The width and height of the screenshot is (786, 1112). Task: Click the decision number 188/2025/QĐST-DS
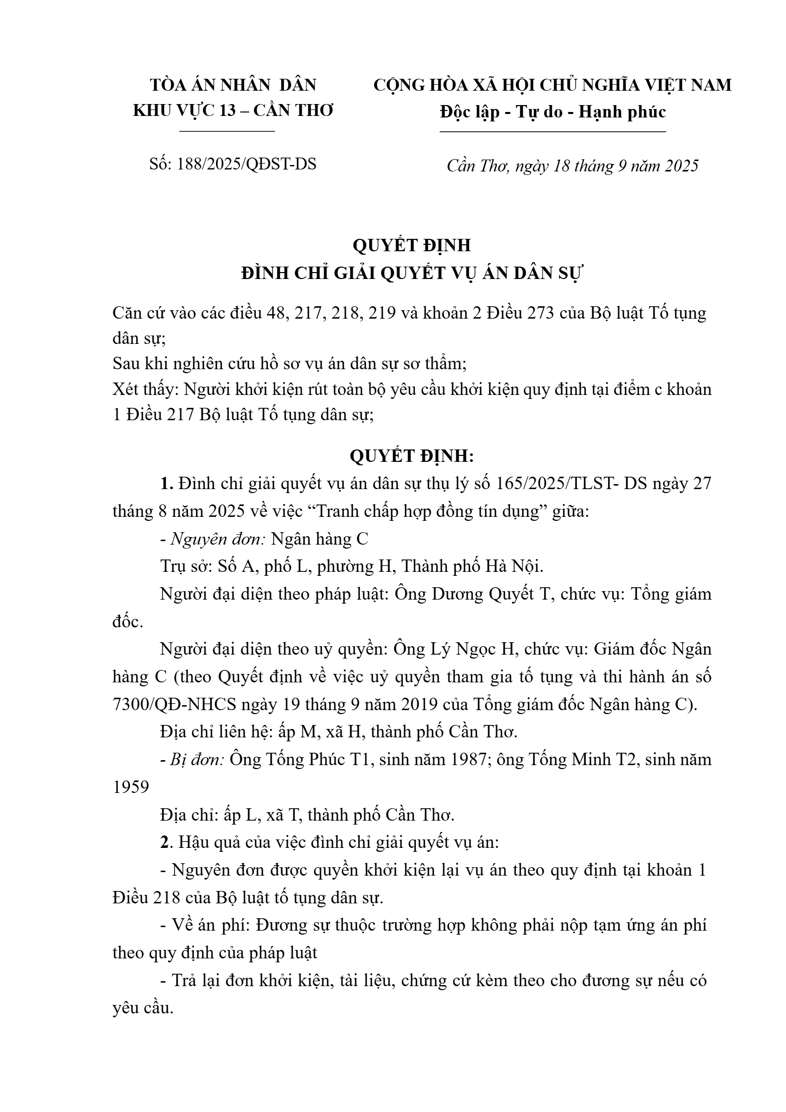[x=246, y=164]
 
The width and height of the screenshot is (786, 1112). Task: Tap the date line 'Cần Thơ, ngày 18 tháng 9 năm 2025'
[x=572, y=166]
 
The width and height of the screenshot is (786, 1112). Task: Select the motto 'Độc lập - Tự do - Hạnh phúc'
[x=553, y=111]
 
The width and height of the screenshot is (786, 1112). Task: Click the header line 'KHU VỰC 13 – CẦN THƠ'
[x=233, y=110]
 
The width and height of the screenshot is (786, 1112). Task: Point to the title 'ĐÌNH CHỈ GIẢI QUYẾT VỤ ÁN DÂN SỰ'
[x=412, y=273]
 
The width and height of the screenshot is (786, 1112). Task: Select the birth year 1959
[x=131, y=787]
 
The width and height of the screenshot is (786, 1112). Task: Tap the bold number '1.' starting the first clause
[x=166, y=484]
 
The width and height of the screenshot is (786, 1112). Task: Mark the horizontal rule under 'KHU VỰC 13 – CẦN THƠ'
[x=227, y=131]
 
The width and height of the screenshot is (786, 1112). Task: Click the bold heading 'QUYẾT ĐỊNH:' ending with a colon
[x=412, y=456]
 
